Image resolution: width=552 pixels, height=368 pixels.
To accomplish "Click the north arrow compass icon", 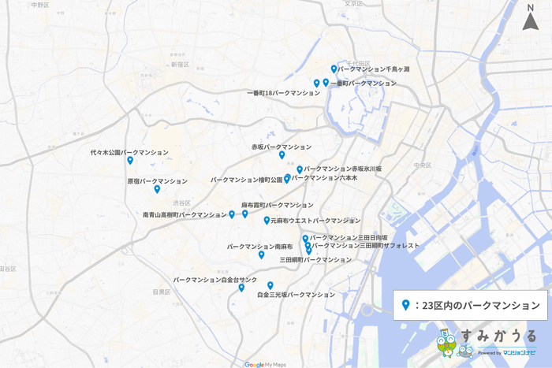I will point(530,17).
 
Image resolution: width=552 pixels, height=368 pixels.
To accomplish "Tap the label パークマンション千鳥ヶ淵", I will point(373,69).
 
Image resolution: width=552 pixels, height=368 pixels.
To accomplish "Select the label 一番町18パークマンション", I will point(283,93).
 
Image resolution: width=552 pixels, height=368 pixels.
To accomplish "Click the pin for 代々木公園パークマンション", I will point(130,161).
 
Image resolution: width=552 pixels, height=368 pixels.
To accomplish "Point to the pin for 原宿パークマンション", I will point(157,189).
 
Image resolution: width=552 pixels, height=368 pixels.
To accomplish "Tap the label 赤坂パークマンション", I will point(282,147).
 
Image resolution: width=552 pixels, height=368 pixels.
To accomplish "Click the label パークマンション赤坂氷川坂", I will point(343,169).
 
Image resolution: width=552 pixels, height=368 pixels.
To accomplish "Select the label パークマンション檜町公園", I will point(246,180).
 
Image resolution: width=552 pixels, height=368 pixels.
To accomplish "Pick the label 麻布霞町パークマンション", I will point(277,205).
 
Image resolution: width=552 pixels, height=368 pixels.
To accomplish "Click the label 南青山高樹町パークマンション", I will point(185,214).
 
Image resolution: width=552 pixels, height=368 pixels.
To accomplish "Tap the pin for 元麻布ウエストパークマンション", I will point(267,221).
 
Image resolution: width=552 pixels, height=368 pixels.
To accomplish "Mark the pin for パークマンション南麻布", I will point(261,255).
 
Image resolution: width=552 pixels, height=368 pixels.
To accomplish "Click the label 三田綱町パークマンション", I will point(315,259).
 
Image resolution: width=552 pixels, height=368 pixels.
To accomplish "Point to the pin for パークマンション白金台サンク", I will point(241,288).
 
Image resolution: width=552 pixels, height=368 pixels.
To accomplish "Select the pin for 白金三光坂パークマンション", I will point(270,285).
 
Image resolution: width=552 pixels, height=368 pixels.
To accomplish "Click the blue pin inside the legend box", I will point(405,305).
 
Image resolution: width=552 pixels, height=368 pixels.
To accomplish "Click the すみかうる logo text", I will point(498,336).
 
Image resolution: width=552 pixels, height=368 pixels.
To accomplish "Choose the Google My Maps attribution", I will point(264,364).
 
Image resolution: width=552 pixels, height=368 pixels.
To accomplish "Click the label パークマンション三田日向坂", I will point(349,237).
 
